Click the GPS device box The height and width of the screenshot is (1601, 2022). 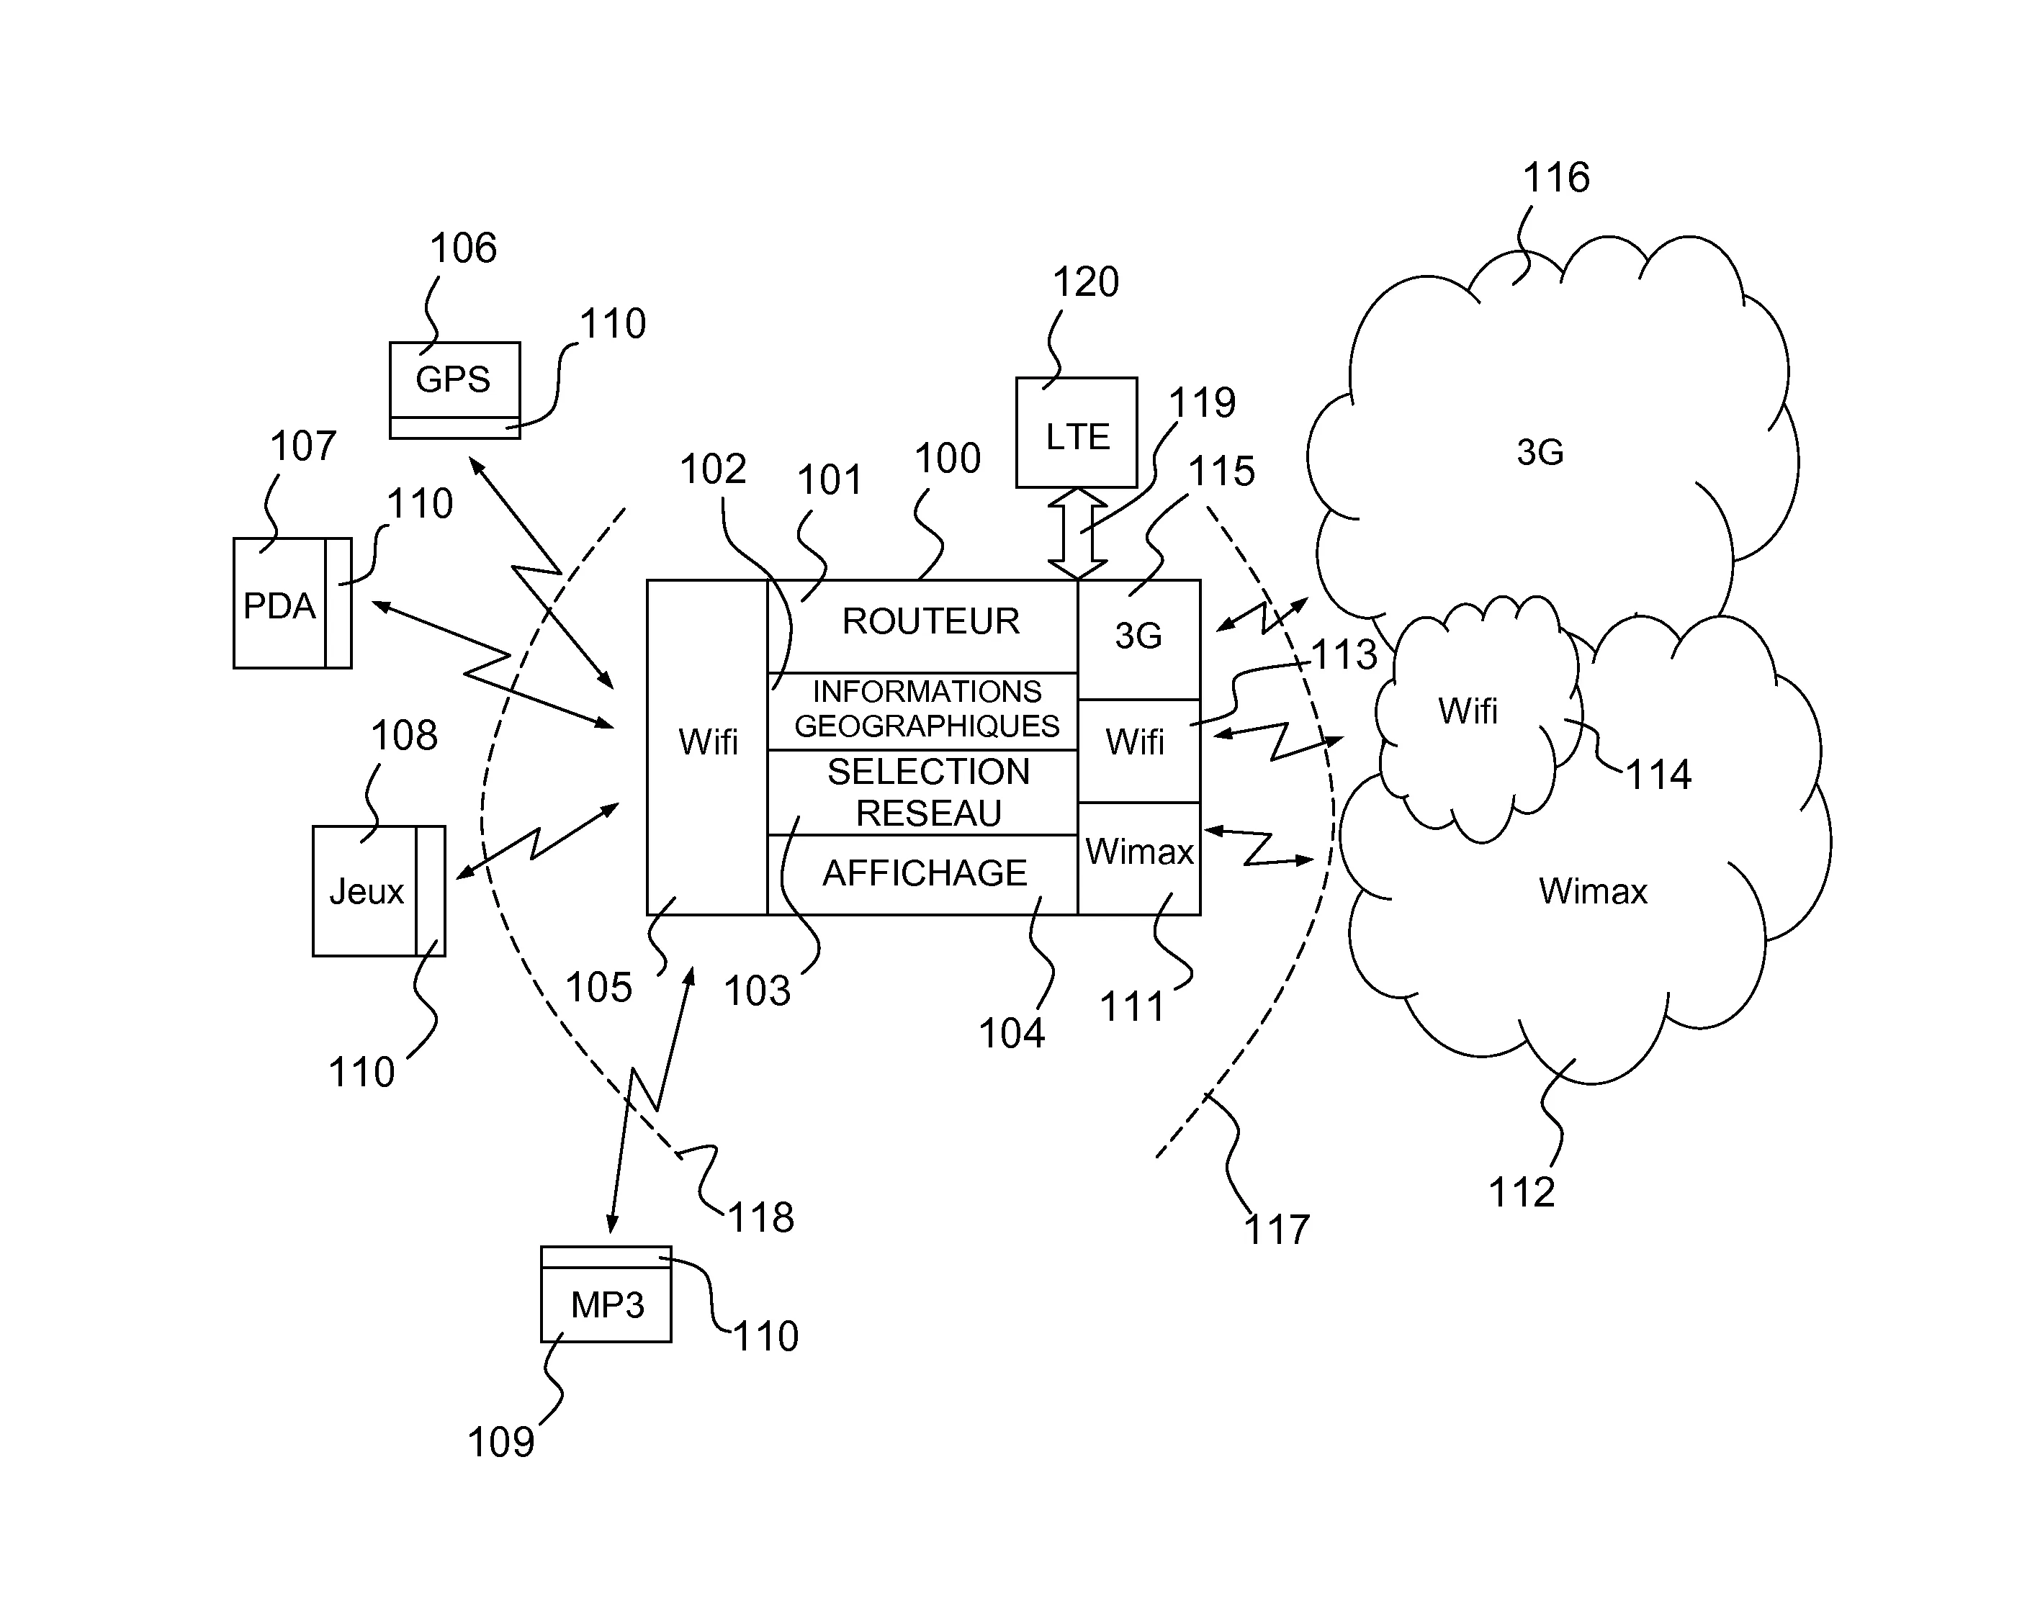[x=454, y=379]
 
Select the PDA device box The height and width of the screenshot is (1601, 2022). [x=279, y=605]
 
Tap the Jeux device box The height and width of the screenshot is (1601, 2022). [x=366, y=890]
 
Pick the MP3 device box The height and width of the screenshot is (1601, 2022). [x=606, y=1304]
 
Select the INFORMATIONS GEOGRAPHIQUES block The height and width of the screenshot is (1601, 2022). [x=926, y=710]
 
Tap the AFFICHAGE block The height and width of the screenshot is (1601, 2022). [x=925, y=874]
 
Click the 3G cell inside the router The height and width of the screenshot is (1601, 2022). [x=1138, y=637]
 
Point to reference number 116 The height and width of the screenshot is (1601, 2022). [x=1555, y=177]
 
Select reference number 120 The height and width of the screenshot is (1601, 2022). [x=1084, y=282]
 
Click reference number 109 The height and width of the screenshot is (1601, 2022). [x=500, y=1442]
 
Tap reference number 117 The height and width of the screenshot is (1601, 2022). [x=1276, y=1229]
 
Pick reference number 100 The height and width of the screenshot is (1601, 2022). [x=947, y=459]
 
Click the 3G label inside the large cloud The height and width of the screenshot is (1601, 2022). [x=1540, y=453]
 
